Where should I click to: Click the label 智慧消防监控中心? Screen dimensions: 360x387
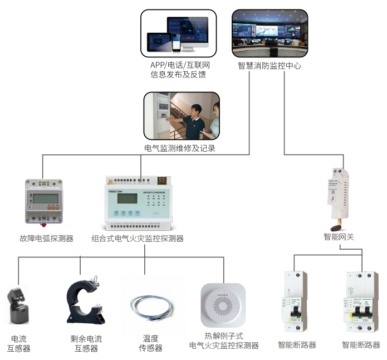point(270,65)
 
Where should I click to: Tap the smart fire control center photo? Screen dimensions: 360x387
point(270,33)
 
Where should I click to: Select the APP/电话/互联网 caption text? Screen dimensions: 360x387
point(179,65)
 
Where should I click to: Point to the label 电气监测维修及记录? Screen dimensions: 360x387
point(179,148)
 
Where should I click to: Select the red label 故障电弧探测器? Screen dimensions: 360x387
point(46,239)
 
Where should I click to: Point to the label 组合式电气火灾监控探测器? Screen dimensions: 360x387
point(137,239)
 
